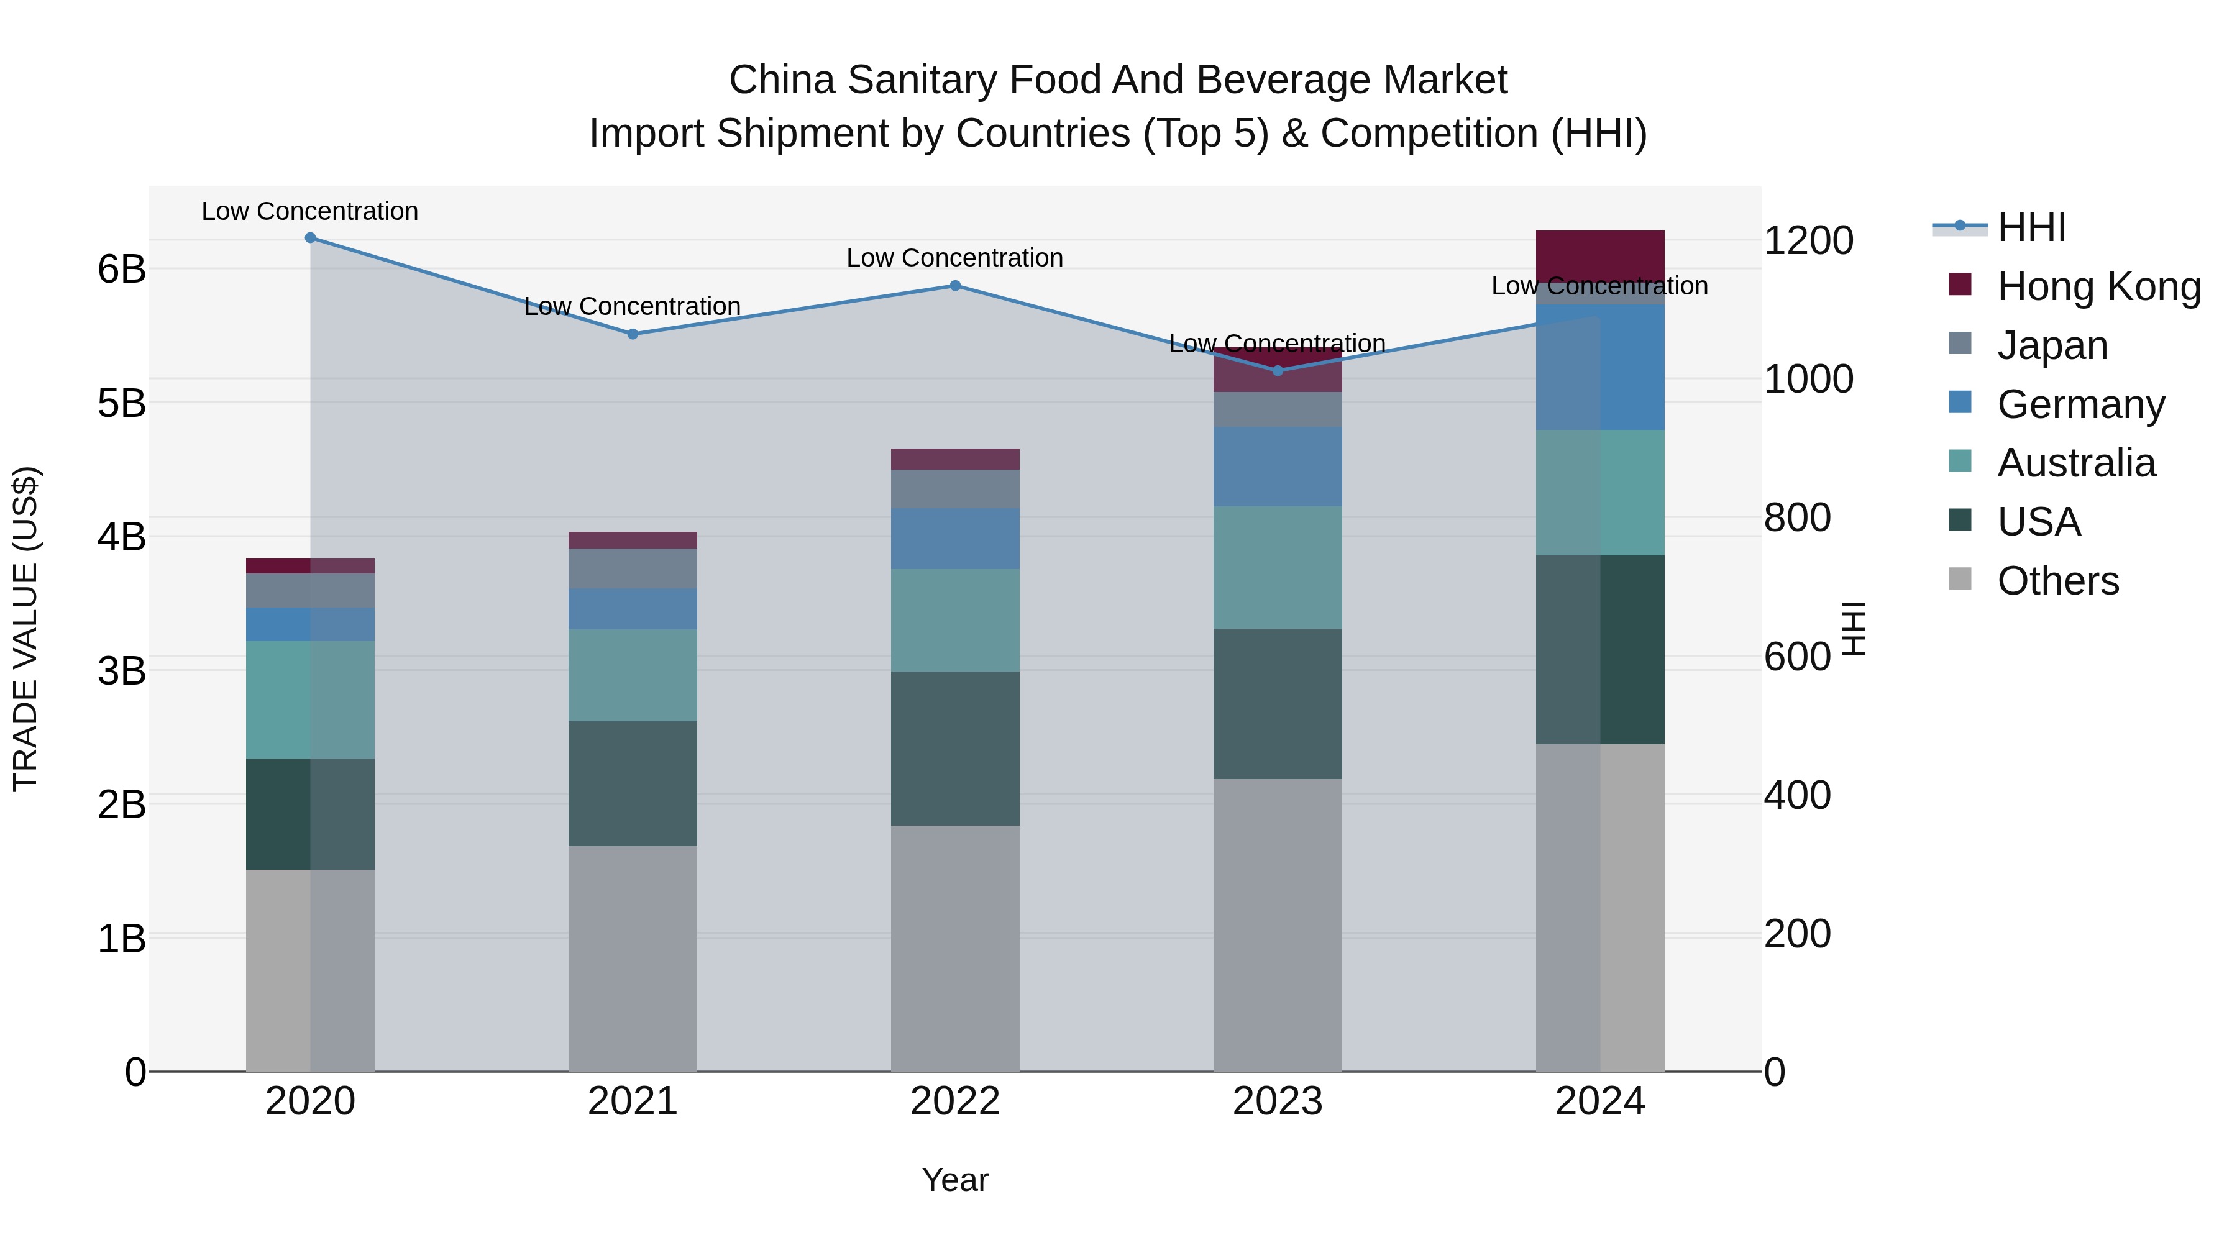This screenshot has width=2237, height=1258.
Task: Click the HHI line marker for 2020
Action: pyautogui.click(x=310, y=238)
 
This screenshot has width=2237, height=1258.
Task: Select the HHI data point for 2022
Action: pyautogui.click(x=954, y=286)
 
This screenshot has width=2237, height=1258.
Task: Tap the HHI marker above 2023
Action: pyautogui.click(x=1278, y=371)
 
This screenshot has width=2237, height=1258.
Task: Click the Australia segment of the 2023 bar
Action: pyautogui.click(x=1278, y=567)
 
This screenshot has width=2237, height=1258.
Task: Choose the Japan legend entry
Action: pyautogui.click(x=2052, y=345)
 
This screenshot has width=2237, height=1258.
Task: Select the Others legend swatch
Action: pyautogui.click(x=1960, y=579)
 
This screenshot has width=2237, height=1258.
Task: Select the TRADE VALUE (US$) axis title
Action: pyautogui.click(x=26, y=629)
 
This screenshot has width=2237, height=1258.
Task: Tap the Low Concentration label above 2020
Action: pyautogui.click(x=310, y=212)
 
